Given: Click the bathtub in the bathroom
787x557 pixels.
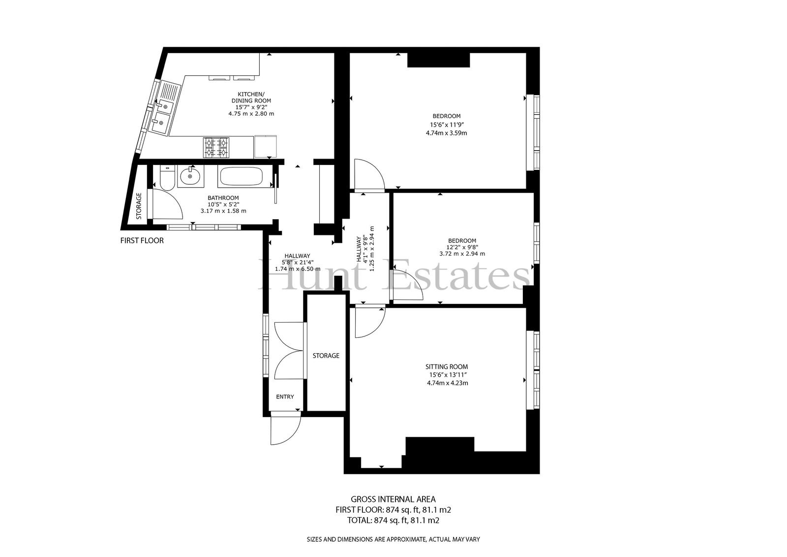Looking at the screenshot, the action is click(241, 176).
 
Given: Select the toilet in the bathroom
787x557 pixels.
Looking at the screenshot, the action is click(167, 177).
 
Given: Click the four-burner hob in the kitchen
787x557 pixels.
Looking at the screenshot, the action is click(216, 147).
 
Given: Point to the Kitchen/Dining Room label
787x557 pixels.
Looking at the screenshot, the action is click(251, 98).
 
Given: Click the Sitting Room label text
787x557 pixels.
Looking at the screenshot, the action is click(447, 366).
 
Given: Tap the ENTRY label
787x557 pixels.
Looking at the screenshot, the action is click(285, 397).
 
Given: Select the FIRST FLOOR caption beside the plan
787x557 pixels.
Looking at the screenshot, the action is click(142, 241).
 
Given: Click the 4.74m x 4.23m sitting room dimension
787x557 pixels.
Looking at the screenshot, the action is click(447, 383).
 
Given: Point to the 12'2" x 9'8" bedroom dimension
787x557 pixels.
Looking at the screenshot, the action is click(462, 247).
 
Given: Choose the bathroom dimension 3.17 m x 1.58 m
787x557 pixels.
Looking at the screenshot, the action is click(223, 211).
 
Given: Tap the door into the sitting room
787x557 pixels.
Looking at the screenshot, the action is click(370, 322).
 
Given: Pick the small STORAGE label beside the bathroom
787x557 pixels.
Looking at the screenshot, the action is click(139, 206).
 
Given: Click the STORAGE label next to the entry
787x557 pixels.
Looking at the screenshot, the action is click(326, 356).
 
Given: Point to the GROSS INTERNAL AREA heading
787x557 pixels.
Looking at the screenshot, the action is click(393, 499).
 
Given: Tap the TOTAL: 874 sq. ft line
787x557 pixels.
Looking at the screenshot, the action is click(393, 520).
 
